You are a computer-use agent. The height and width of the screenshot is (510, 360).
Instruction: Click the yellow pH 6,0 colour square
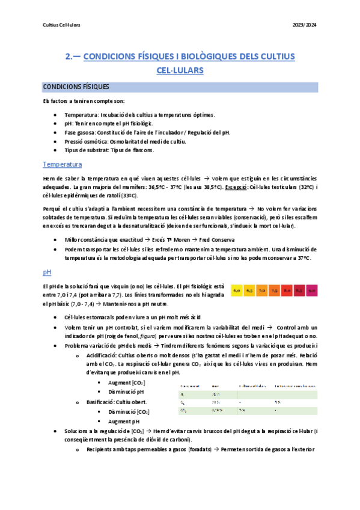pyautogui.click(x=237, y=291)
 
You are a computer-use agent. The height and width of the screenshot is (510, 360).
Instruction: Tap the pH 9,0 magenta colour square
pyautogui.click(x=313, y=291)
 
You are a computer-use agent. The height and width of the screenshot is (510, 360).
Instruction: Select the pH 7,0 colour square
pyautogui.click(x=262, y=291)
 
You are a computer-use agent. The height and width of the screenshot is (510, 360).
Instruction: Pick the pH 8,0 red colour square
pyautogui.click(x=287, y=291)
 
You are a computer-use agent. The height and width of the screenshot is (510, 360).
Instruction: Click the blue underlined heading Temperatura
pyautogui.click(x=63, y=165)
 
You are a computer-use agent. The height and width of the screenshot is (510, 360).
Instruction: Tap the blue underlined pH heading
pyautogui.click(x=47, y=272)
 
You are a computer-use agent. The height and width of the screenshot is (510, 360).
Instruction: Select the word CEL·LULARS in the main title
pyautogui.click(x=180, y=70)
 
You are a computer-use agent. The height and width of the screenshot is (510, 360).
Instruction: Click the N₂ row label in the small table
pyautogui.click(x=182, y=393)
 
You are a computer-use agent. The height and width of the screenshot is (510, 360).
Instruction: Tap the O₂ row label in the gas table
pyautogui.click(x=182, y=402)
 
